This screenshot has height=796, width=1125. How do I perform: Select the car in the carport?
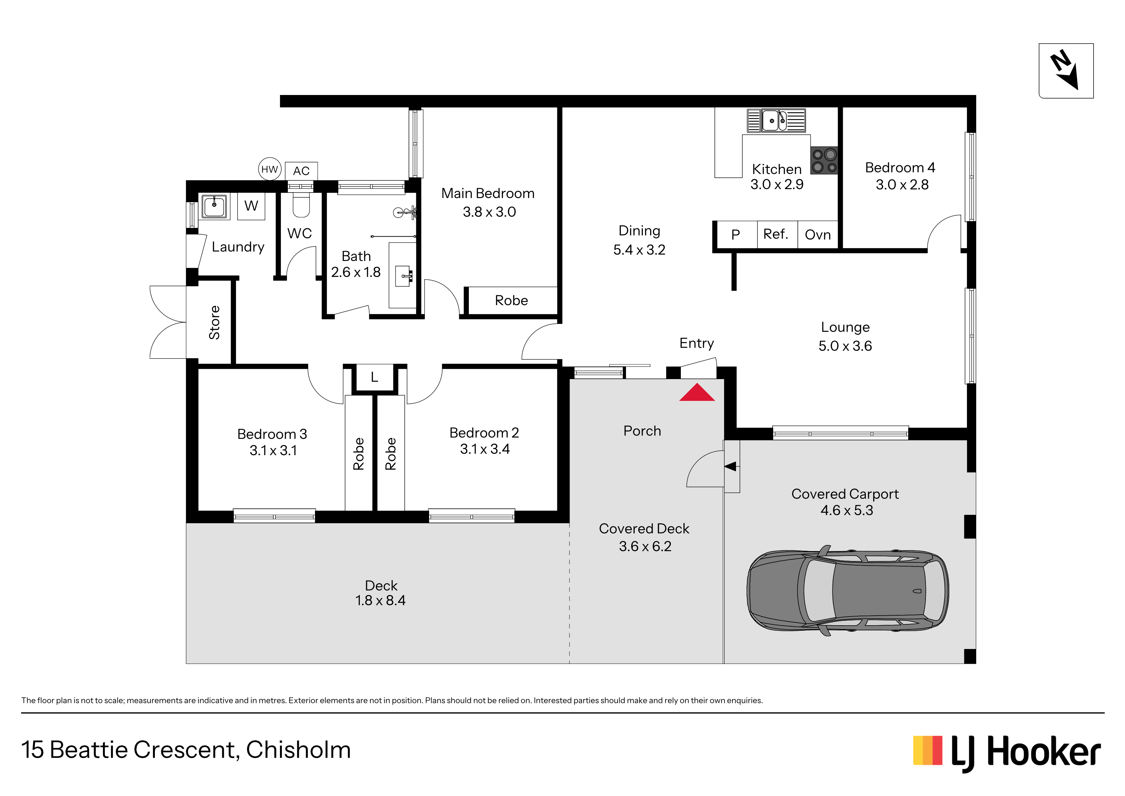tap(848, 591)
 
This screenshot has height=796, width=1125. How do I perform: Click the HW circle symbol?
tap(269, 169)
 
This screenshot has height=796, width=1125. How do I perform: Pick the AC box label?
tap(301, 171)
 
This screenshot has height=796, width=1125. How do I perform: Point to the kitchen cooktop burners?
tap(824, 160)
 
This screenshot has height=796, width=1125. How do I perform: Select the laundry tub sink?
tap(214, 206)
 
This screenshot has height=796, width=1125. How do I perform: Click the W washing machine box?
tap(251, 206)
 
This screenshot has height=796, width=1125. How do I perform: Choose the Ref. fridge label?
tap(776, 234)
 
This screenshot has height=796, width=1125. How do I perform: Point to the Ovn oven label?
tap(818, 235)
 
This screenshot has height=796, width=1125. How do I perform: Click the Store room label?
tap(214, 323)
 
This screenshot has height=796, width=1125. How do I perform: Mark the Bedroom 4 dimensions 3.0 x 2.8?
tap(902, 185)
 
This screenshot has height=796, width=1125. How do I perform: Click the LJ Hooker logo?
tap(1007, 753)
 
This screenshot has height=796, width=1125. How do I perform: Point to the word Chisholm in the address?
tap(298, 750)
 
